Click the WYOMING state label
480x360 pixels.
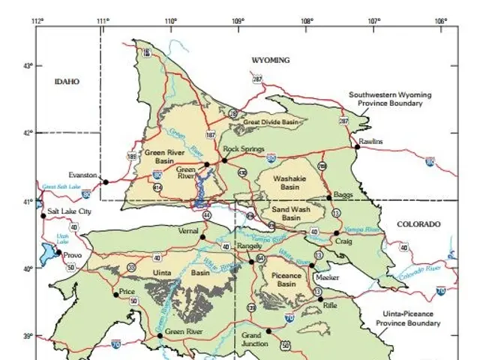point(270,59)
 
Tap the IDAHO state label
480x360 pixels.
point(66,82)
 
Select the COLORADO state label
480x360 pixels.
point(418,224)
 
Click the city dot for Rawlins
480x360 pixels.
point(358,146)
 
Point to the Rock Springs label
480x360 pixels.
point(244,148)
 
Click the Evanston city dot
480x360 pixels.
point(106,181)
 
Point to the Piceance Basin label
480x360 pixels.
point(286,280)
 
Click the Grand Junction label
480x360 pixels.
point(254,338)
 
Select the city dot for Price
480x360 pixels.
point(116,294)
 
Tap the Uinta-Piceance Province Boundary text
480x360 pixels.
point(408,319)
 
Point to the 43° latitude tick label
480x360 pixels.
point(28,65)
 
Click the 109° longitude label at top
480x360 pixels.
point(238,20)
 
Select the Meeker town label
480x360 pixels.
point(328,277)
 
